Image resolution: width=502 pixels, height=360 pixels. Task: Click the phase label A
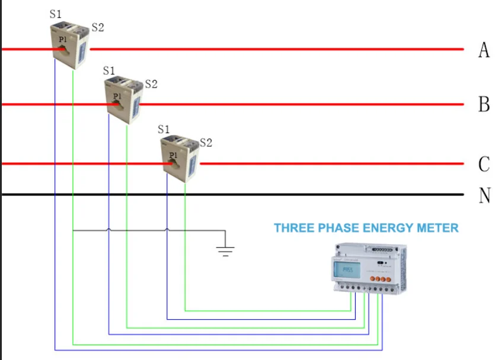pos(484,50)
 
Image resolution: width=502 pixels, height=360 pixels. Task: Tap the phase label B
pos(484,105)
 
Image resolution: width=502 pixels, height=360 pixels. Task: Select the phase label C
pos(484,164)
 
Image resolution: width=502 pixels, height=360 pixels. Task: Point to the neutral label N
pos(484,195)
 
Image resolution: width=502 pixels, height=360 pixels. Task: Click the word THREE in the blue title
pos(293,228)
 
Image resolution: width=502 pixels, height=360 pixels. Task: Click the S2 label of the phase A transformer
pos(98,28)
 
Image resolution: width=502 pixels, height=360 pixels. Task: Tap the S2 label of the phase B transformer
pos(151,84)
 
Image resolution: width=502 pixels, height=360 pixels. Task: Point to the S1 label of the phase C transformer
pos(164,128)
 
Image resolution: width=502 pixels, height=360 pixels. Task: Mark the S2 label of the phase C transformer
pos(206,142)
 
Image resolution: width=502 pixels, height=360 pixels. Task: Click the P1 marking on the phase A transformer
pos(63,38)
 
